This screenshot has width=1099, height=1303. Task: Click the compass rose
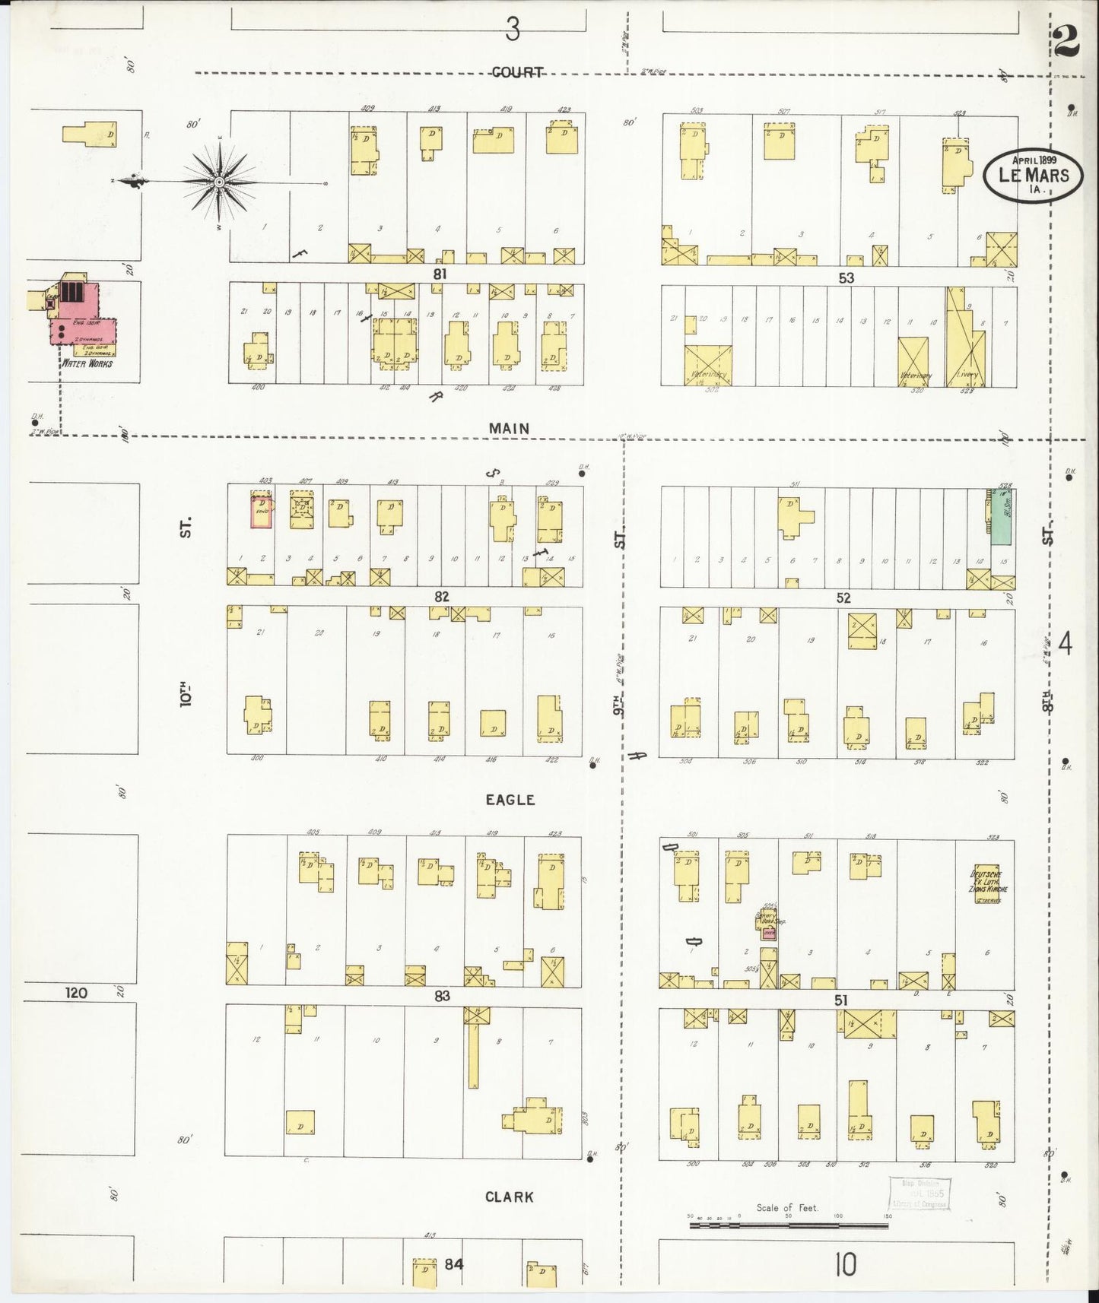[x=220, y=182]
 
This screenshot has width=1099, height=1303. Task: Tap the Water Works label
[x=87, y=363]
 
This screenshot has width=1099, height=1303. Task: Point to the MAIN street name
[x=509, y=429]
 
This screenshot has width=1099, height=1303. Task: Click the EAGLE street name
[x=510, y=800]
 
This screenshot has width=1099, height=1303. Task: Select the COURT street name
[x=517, y=72]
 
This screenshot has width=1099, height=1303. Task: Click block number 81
[x=439, y=274]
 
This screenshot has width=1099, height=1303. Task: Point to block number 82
[x=442, y=597]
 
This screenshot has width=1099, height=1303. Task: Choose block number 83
[x=443, y=996]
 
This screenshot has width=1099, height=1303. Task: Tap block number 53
[x=846, y=278]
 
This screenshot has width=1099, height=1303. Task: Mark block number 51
[x=840, y=1000]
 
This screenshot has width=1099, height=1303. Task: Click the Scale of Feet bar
[x=787, y=1222]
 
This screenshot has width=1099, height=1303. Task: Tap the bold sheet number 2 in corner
[x=1068, y=43]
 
